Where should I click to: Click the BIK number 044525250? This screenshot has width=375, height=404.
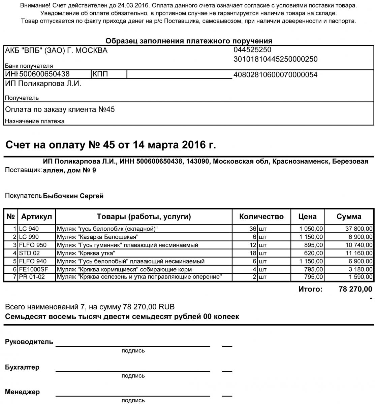252,50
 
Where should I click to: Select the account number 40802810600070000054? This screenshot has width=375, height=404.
275,75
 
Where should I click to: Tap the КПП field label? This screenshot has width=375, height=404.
100,74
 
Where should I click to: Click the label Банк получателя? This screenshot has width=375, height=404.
29,66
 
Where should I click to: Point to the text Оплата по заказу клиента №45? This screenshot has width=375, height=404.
60,109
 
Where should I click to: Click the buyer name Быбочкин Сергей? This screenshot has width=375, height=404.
73,196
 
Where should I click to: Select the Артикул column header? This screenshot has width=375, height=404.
36,216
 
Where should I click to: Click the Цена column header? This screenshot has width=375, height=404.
307,216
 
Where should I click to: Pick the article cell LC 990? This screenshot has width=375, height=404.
29,237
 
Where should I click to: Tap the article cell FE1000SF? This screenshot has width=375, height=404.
33,269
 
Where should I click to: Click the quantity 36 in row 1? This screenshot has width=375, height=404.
253,229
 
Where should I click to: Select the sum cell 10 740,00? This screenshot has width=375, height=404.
359,245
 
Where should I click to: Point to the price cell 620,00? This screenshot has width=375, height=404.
314,253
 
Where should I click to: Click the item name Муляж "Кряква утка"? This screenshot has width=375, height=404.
86,253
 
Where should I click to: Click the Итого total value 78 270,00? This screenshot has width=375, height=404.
355,289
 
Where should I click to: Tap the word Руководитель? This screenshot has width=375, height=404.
29,342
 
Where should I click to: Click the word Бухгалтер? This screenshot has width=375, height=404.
22,367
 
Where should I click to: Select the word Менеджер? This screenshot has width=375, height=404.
22,392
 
